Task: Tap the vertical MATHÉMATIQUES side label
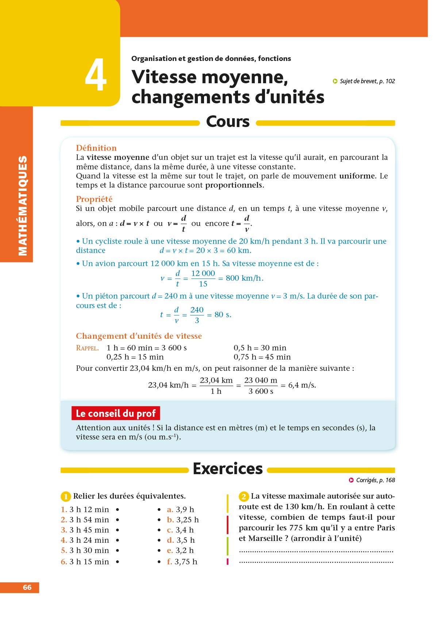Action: click(x=23, y=206)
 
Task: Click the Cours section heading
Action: click(x=228, y=122)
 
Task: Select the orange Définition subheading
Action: click(x=96, y=148)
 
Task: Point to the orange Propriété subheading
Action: click(x=94, y=199)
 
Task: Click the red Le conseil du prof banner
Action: click(x=116, y=413)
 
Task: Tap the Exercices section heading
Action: click(x=228, y=469)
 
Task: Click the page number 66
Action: click(x=27, y=587)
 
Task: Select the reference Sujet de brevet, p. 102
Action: click(x=367, y=81)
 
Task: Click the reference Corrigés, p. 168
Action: click(x=375, y=480)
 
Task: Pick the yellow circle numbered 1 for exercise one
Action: click(x=65, y=496)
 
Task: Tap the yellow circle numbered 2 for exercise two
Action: click(x=244, y=496)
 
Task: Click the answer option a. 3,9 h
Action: click(x=181, y=509)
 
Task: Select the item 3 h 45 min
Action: click(x=89, y=530)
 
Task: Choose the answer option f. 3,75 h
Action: click(x=182, y=562)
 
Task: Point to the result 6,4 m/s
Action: click(x=302, y=385)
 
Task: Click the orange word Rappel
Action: click(x=87, y=348)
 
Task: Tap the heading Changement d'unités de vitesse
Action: click(x=139, y=336)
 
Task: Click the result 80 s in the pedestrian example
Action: click(x=223, y=315)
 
